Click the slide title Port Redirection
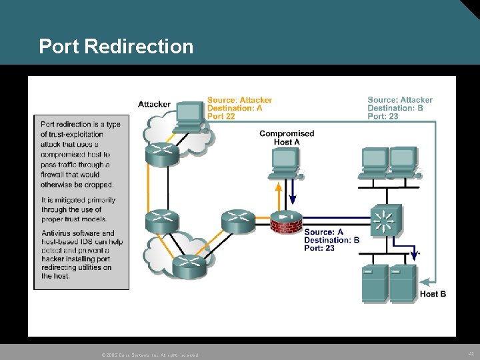click(116, 47)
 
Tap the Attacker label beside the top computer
click(154, 104)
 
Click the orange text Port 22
click(221, 116)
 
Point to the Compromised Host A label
click(287, 137)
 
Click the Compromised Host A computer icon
click(285, 162)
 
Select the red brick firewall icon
click(286, 223)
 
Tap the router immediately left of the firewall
click(238, 220)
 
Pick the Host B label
click(433, 294)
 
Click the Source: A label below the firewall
click(323, 232)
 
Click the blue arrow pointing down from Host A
click(291, 195)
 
